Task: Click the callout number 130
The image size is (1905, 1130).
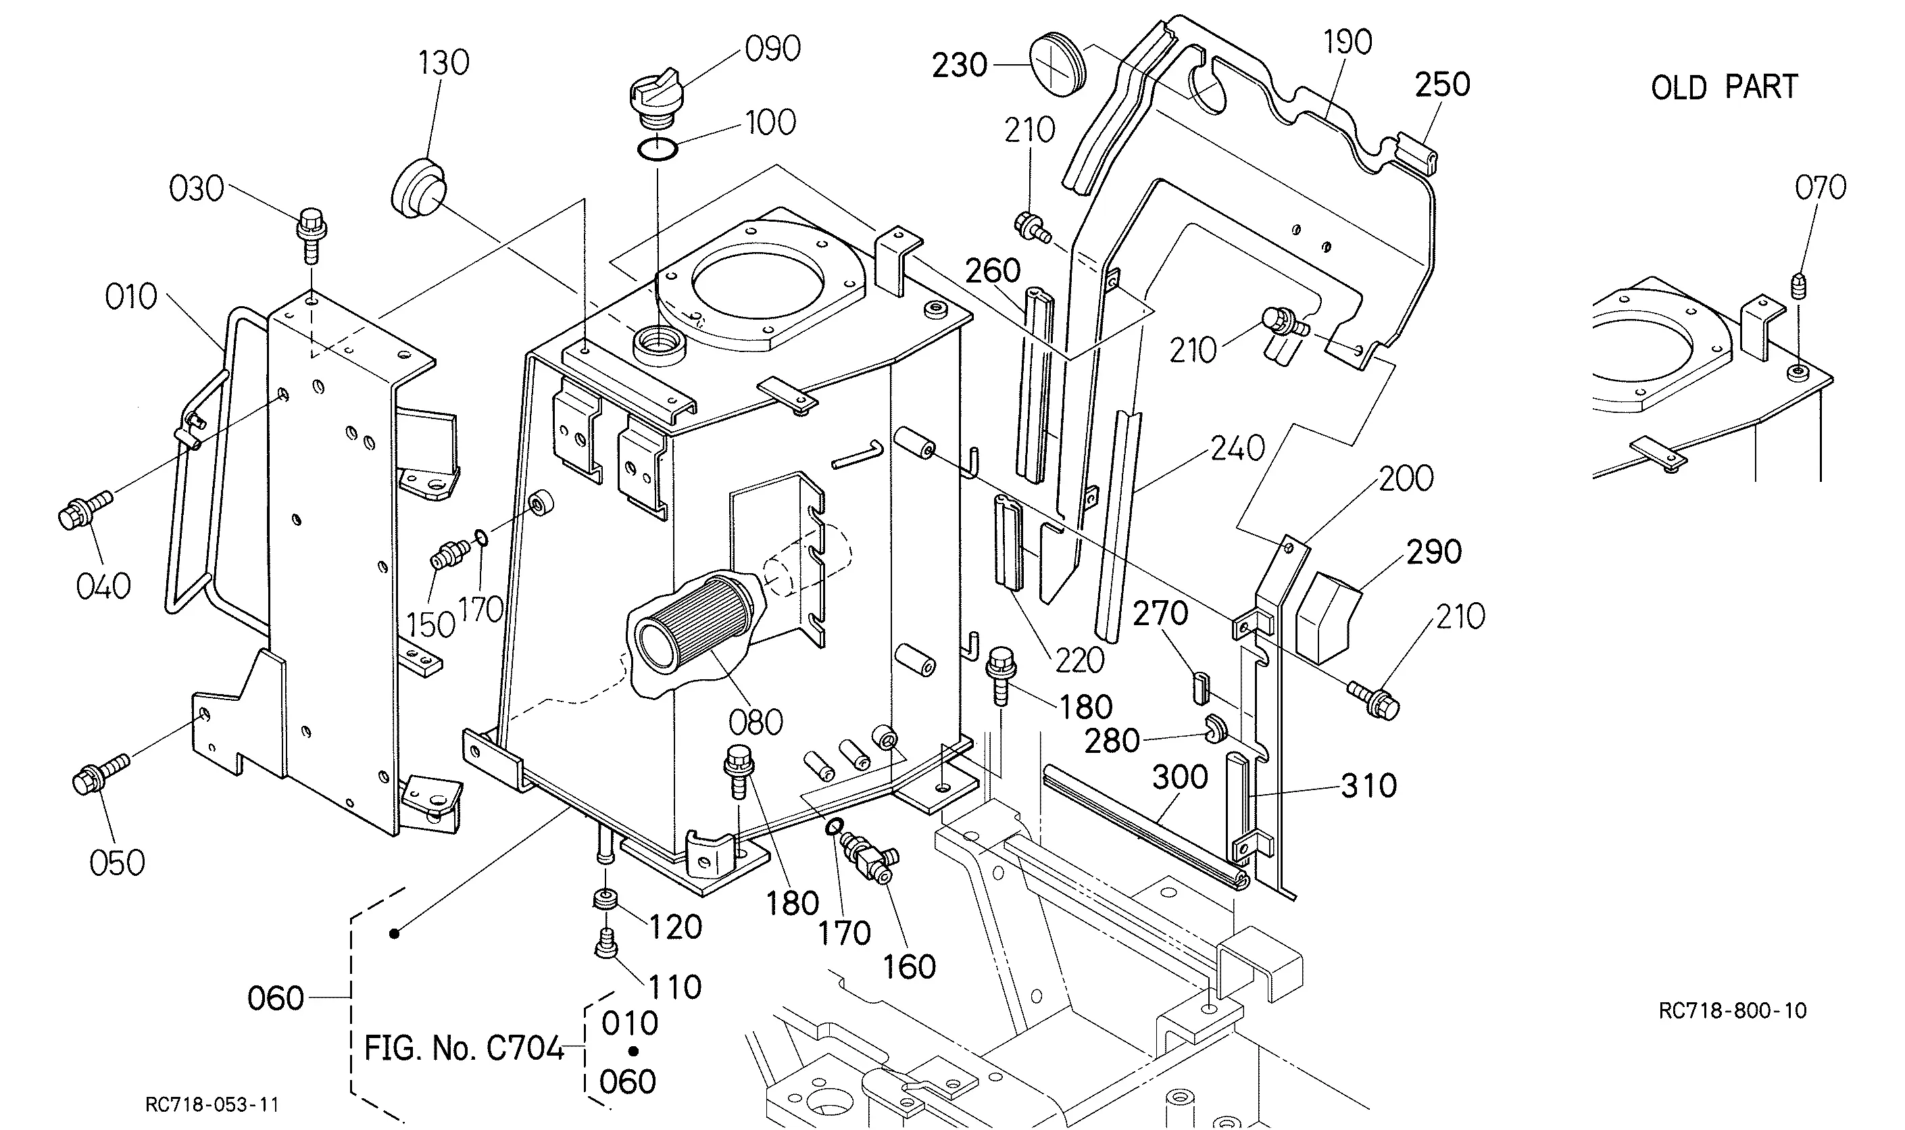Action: (443, 62)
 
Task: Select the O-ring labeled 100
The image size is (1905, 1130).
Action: (657, 150)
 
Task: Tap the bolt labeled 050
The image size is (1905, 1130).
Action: (101, 774)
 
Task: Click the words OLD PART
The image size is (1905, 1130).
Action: (1724, 88)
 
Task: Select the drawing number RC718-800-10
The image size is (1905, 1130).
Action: (1732, 1010)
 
